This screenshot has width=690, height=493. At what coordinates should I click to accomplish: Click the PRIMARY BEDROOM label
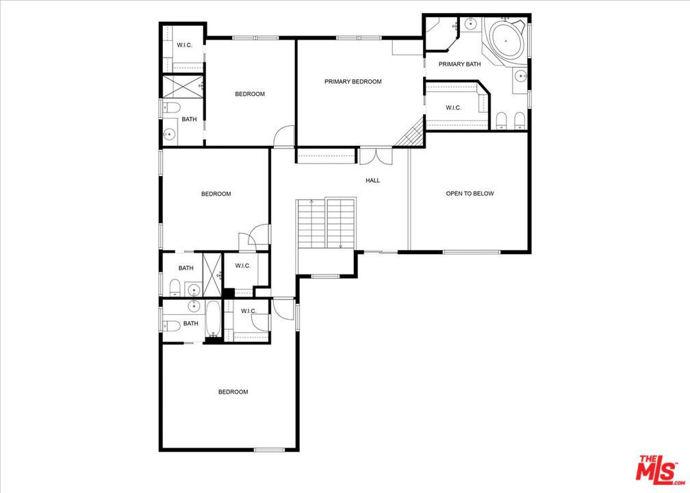pos(353,81)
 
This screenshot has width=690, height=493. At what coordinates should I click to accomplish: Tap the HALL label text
pos(372,180)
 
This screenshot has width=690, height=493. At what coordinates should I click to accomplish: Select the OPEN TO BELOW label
pos(470,193)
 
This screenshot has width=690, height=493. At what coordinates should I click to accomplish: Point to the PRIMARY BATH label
pos(459,64)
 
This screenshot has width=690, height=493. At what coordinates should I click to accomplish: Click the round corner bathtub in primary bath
pos(506,41)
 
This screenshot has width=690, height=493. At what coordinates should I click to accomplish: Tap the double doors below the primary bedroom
pos(376,157)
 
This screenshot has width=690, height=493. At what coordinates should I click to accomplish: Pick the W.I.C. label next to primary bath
pos(453,108)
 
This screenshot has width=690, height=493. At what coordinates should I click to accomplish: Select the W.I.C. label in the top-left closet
pos(184,45)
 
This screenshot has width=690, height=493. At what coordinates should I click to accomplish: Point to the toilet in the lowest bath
pos(172,326)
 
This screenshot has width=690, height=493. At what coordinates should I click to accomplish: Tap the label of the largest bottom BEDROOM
pos(233,392)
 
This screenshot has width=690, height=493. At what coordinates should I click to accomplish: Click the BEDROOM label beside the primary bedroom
pos(250,94)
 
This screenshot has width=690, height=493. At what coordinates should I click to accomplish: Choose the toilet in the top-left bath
pos(172,107)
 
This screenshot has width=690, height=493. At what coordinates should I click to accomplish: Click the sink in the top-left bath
pos(168,134)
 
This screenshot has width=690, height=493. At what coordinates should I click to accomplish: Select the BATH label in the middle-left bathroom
pos(186,268)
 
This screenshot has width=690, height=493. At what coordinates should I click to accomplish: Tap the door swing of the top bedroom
pos(284,136)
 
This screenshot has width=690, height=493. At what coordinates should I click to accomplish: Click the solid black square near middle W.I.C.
pos(229,293)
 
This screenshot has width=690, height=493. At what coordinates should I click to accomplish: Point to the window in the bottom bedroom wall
pos(269,449)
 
